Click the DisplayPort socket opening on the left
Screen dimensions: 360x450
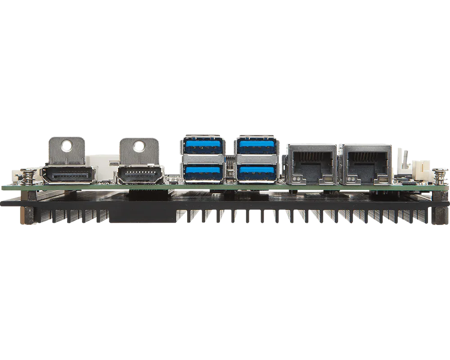(68, 175)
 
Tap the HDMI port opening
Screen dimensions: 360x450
(139, 175)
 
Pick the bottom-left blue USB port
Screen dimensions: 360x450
(202, 171)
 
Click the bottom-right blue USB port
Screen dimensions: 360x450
(257, 171)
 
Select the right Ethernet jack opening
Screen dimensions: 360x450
(365, 162)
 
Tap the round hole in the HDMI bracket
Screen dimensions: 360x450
(139, 145)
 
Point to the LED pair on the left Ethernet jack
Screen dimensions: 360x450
(296, 180)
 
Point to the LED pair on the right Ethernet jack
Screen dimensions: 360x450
(350, 180)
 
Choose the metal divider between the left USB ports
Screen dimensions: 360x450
(202, 158)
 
